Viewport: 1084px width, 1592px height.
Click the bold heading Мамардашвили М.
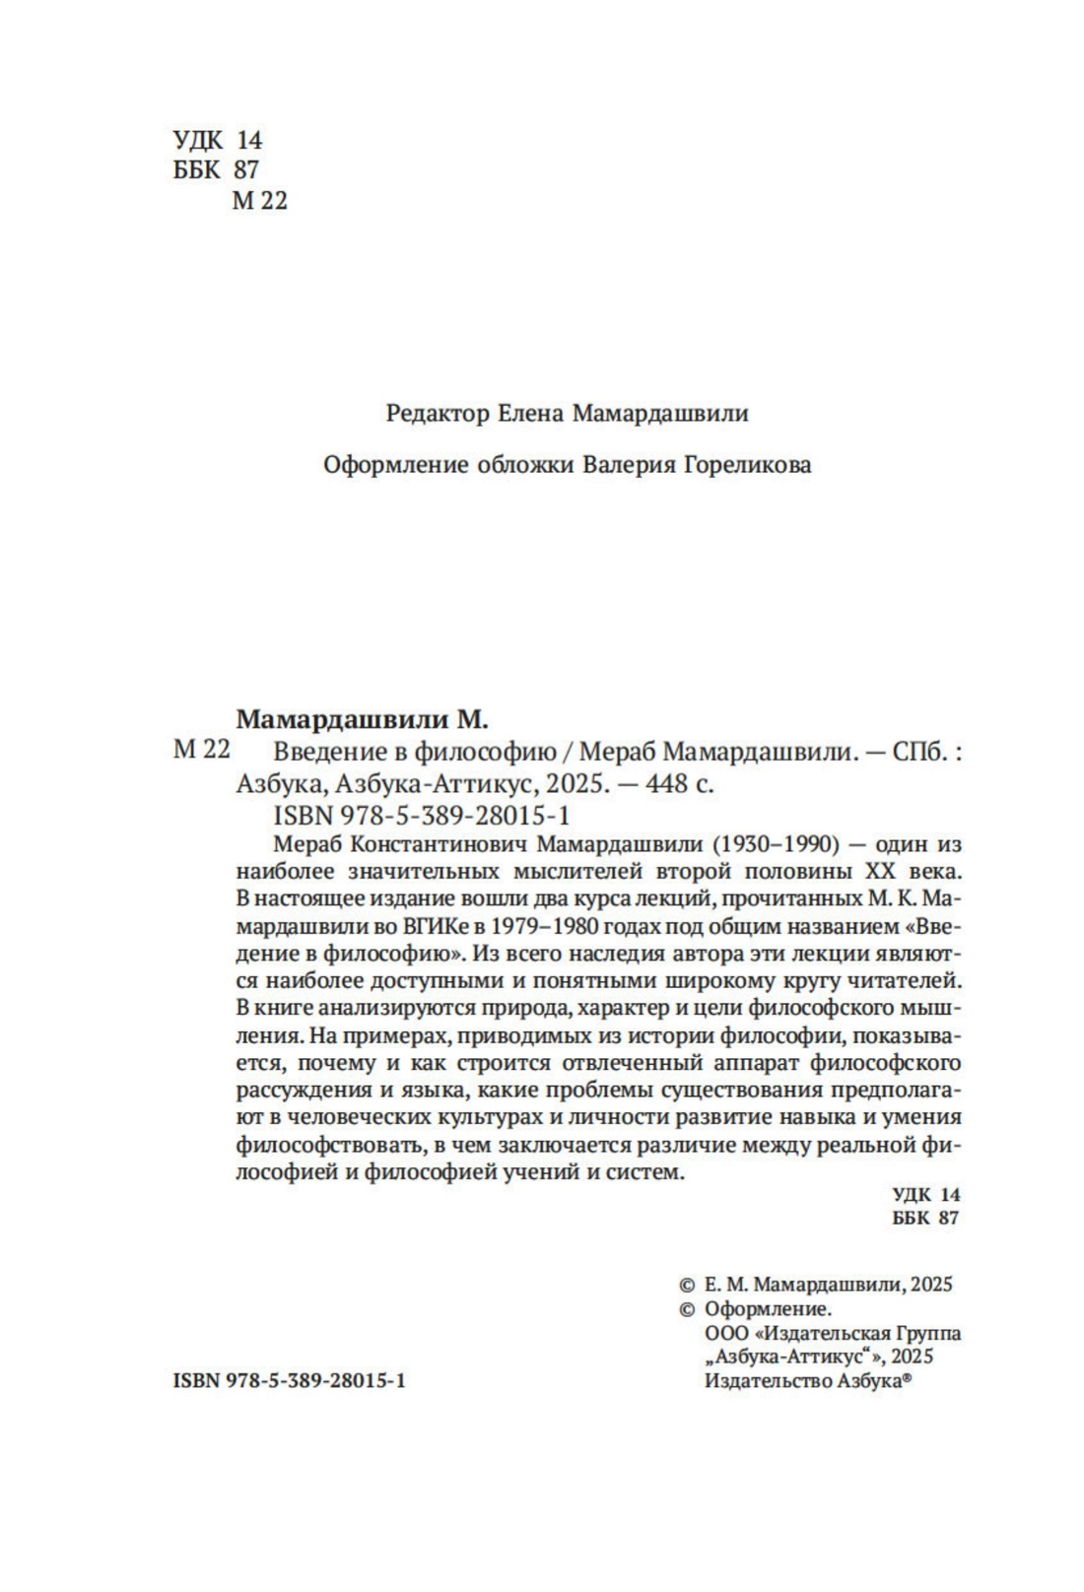[363, 718]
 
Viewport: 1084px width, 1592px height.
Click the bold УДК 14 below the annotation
[925, 1194]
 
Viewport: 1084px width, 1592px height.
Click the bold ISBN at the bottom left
[196, 1381]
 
